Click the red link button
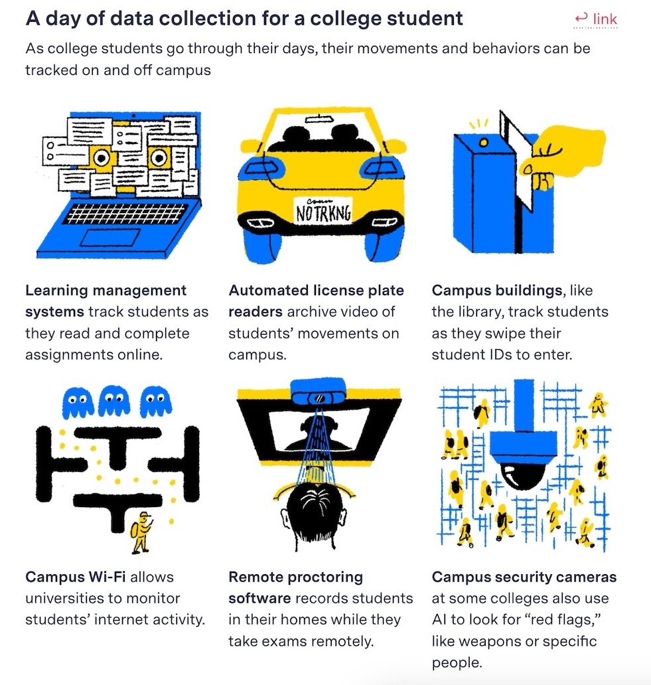[596, 19]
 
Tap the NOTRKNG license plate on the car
[323, 212]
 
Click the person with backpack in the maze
[141, 532]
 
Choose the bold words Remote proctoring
[296, 577]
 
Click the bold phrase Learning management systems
[106, 300]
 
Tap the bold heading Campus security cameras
[524, 577]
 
